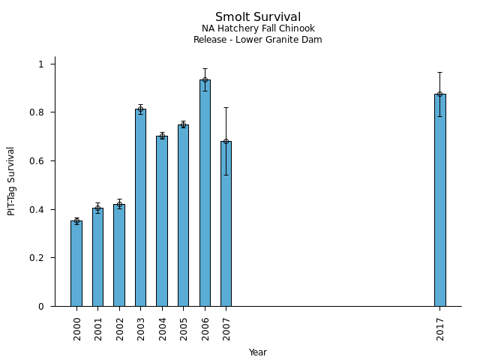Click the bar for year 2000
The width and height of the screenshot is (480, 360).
tap(76, 263)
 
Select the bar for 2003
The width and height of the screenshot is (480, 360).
tap(140, 208)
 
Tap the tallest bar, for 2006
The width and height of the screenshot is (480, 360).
tap(205, 193)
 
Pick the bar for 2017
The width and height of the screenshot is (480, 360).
tap(439, 200)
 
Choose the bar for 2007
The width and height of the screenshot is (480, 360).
tap(226, 223)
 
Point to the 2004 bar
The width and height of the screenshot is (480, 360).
tap(162, 221)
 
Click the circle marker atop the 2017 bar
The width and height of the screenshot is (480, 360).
tap(439, 94)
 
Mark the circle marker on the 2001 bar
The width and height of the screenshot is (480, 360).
tap(97, 208)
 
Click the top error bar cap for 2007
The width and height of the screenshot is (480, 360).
tap(226, 107)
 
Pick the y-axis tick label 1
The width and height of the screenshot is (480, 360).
tap(42, 64)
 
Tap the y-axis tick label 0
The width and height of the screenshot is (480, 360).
tap(42, 306)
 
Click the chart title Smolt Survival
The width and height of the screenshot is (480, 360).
tap(258, 17)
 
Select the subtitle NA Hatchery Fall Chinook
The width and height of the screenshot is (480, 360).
tap(258, 28)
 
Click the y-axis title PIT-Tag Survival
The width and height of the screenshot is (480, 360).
tap(11, 181)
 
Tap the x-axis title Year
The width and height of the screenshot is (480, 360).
tap(258, 352)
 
